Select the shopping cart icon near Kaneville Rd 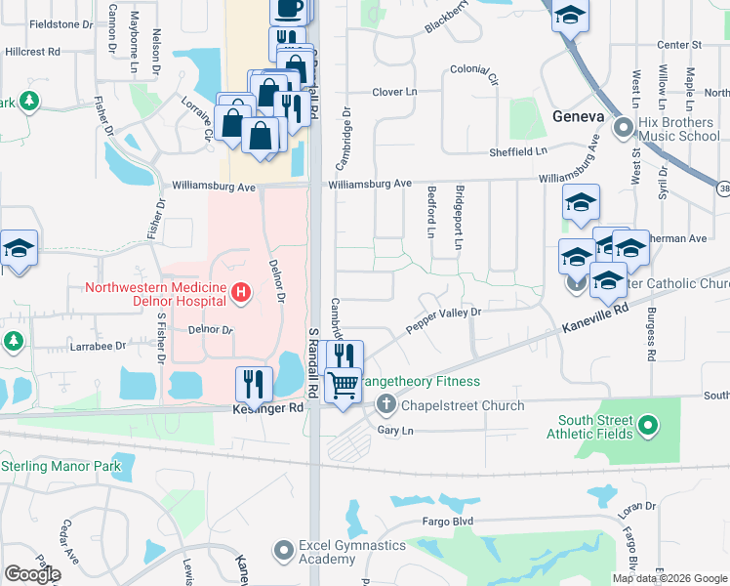click(343, 386)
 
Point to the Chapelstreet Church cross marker click(386, 404)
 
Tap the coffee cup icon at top click(288, 8)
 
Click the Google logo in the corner click(32, 574)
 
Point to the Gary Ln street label click(394, 430)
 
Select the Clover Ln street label click(394, 92)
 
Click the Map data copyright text click(669, 578)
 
